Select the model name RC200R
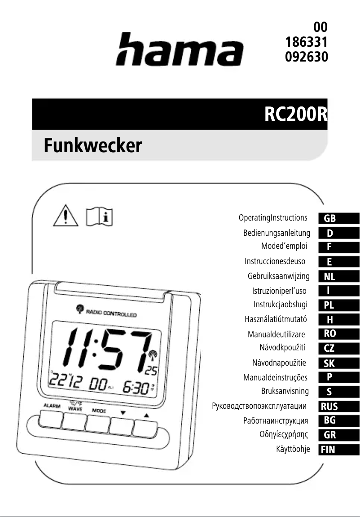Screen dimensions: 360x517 (295, 115)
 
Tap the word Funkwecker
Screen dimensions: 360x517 (92, 146)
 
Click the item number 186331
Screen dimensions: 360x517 (307, 43)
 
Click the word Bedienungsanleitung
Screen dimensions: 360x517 (277, 233)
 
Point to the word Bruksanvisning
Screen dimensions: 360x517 (285, 391)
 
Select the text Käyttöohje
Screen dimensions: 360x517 (293, 449)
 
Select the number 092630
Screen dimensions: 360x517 (307, 57)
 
